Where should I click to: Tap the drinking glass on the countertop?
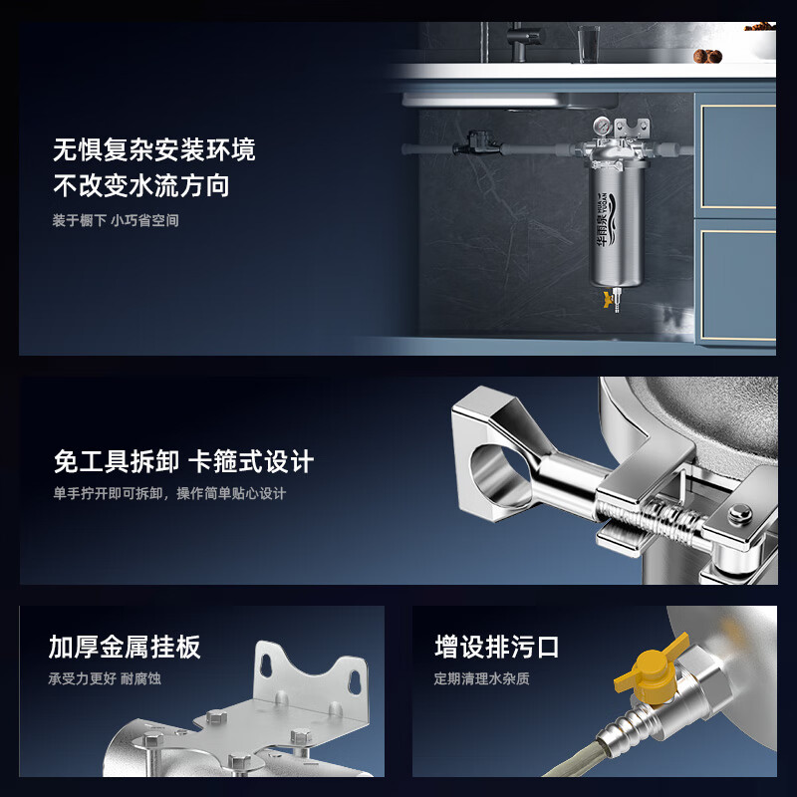(587, 43)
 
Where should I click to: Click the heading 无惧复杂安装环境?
(153, 150)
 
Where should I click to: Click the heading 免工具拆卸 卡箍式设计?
(183, 461)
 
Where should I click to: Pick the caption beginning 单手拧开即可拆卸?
(169, 493)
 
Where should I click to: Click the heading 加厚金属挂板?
(125, 647)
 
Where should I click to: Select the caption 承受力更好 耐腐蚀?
(105, 678)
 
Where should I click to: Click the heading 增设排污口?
(497, 647)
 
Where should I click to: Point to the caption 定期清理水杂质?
(481, 678)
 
